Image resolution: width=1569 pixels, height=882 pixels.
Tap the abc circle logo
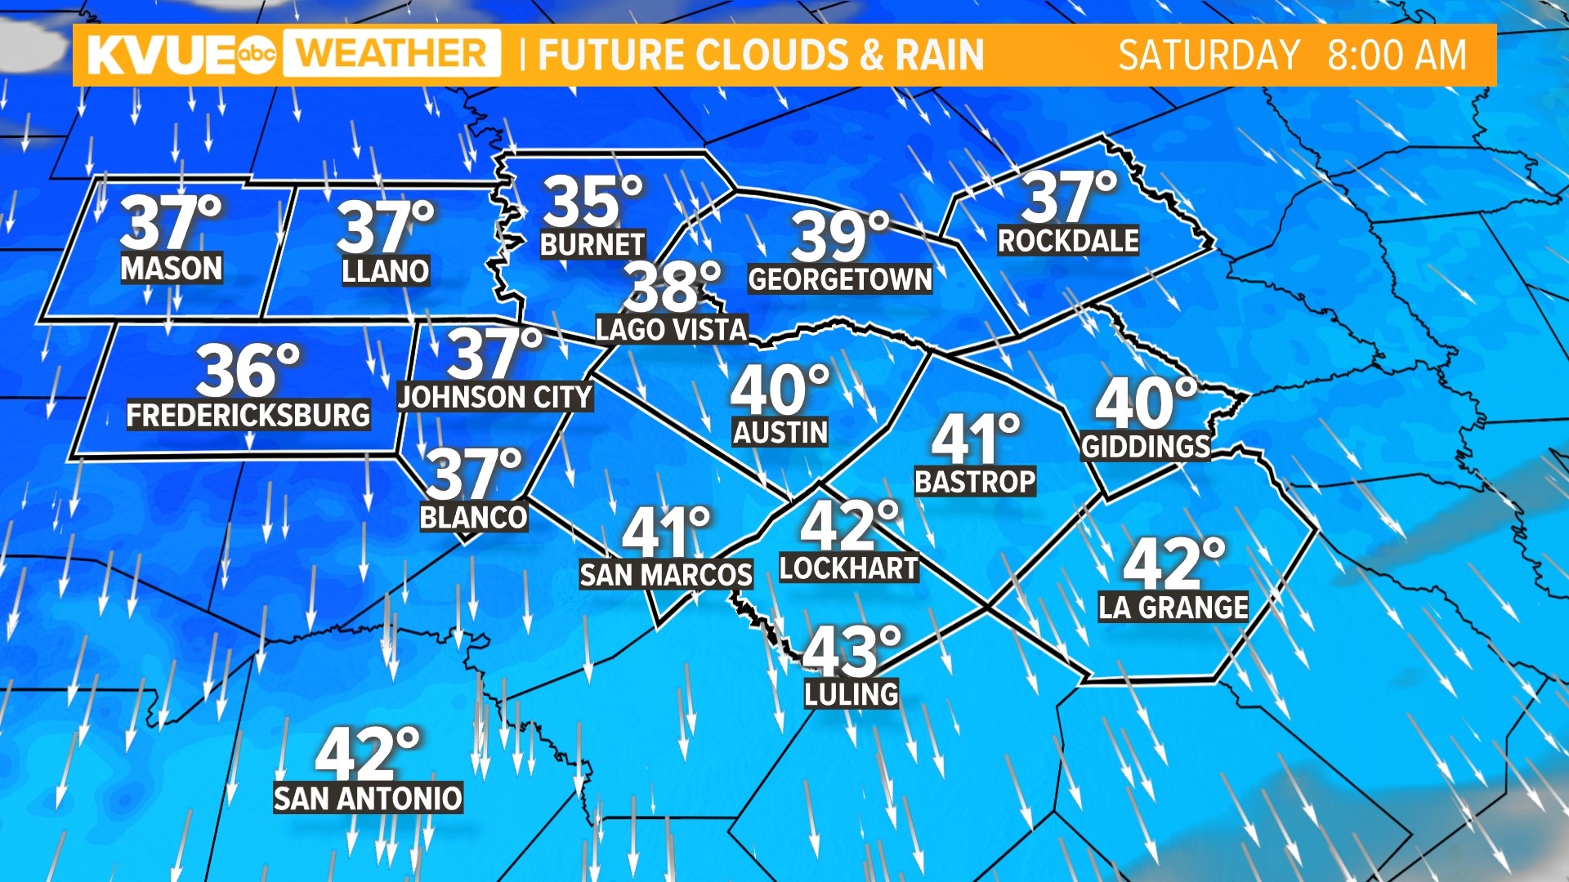pos(257,55)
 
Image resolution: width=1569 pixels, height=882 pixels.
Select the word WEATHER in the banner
pos(392,54)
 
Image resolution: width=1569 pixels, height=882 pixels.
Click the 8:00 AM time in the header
pos(1397,56)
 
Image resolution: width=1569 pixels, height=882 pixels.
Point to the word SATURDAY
pos(1209,56)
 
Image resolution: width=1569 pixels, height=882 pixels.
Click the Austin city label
pos(780,432)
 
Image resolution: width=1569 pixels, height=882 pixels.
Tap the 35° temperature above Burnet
pos(592,202)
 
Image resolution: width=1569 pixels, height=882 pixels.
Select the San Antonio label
pos(368,798)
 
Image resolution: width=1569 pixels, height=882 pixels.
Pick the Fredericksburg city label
pos(248,415)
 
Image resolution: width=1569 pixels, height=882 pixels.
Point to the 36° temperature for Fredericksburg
pos(248,371)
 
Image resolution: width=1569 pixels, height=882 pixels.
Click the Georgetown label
pos(840,280)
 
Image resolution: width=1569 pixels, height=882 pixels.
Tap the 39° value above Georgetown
pos(840,237)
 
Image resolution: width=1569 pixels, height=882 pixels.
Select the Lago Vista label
pos(671,329)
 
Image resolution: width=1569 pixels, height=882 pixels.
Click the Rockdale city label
pos(1068,241)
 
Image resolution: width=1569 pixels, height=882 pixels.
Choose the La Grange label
pos(1173,608)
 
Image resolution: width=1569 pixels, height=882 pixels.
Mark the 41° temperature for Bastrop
pos(976,439)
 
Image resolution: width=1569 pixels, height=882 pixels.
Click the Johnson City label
pos(494,398)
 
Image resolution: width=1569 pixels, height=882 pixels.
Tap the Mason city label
pos(172,268)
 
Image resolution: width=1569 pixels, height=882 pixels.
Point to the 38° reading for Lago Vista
pos(672,287)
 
